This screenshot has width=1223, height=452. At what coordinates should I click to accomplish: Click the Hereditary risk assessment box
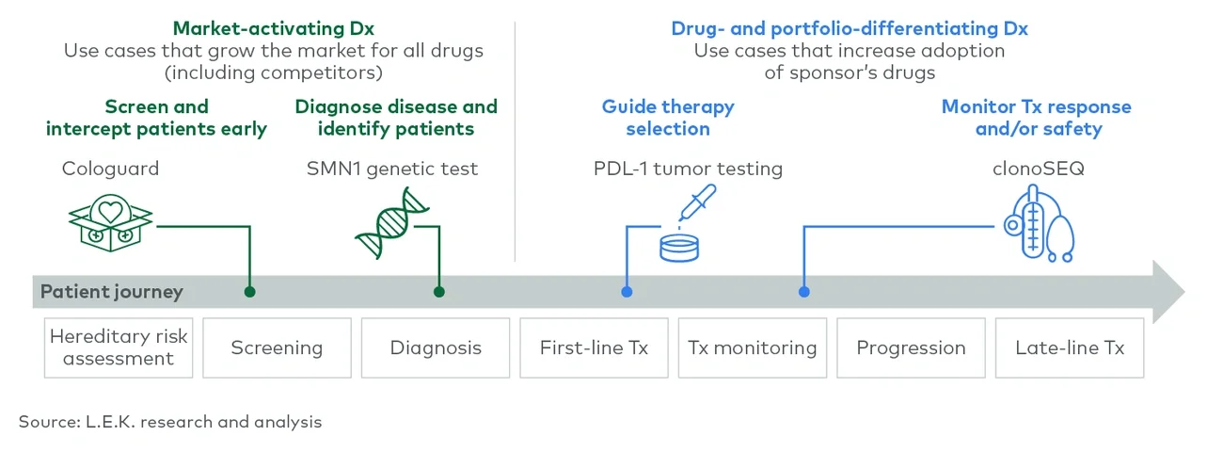119,347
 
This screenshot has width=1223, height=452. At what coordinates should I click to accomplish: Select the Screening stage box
277,347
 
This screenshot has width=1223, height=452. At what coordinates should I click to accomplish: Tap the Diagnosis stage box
436,347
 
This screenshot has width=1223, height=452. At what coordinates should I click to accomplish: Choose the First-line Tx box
594,347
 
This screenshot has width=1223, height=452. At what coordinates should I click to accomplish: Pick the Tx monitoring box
752,347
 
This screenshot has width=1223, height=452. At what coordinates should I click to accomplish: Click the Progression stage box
911,347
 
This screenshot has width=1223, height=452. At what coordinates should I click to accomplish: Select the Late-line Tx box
1070,347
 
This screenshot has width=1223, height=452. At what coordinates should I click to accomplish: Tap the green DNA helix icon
388,224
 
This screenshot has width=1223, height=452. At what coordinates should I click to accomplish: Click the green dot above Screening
249,292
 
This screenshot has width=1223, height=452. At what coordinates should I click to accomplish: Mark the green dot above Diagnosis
438,292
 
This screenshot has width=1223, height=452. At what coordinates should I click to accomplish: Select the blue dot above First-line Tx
627,292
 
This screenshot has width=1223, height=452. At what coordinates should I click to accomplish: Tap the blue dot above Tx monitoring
803,292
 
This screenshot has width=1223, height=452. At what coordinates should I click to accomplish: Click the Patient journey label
111,292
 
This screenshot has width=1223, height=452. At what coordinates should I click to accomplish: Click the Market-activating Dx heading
274,28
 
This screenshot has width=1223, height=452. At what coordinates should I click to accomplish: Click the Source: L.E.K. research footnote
170,422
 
